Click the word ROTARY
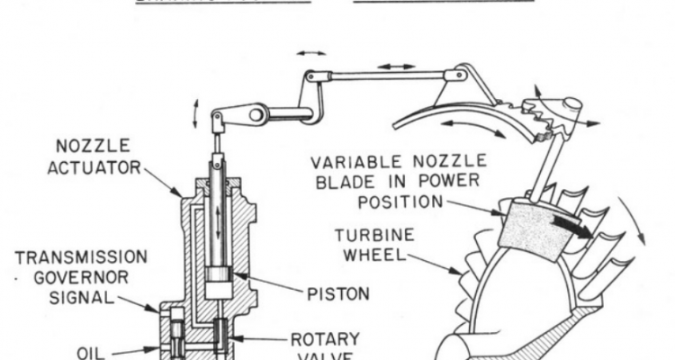pyautogui.click(x=326, y=339)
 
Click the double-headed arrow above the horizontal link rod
pyautogui.click(x=397, y=66)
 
